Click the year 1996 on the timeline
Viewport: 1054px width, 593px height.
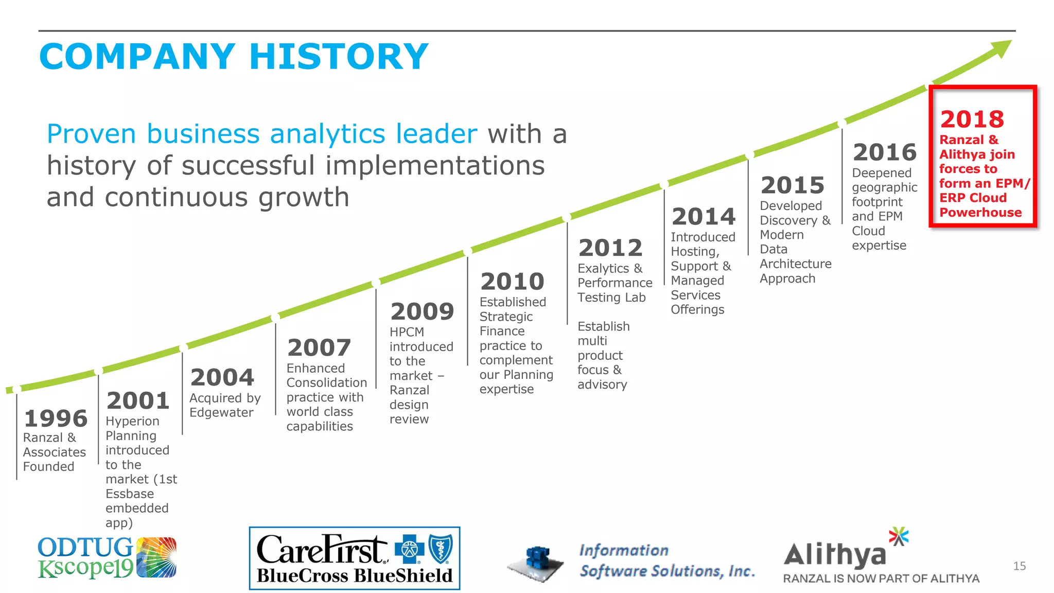coord(56,418)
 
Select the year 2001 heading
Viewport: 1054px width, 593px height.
coord(138,401)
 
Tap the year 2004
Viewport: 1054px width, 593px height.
coord(222,377)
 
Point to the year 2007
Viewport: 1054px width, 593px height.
coord(319,348)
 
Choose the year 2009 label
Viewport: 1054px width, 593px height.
coord(422,312)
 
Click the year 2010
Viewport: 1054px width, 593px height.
coord(512,282)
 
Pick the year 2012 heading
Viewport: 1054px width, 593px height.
coord(610,248)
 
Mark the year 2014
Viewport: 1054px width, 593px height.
coord(704,217)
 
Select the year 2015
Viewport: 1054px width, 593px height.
coord(793,185)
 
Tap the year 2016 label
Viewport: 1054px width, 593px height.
coord(885,152)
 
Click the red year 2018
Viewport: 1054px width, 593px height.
coord(972,119)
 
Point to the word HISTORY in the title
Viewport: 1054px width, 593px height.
coord(339,57)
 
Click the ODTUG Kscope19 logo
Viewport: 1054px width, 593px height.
coord(107,557)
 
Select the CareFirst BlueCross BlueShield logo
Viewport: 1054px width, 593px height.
coord(355,559)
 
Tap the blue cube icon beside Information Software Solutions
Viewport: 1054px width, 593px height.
coord(537,562)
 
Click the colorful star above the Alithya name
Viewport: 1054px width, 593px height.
coord(899,536)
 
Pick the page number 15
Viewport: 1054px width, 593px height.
coord(1019,566)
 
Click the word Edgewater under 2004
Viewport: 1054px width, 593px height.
coord(221,413)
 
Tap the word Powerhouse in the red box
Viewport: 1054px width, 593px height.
coord(980,213)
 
